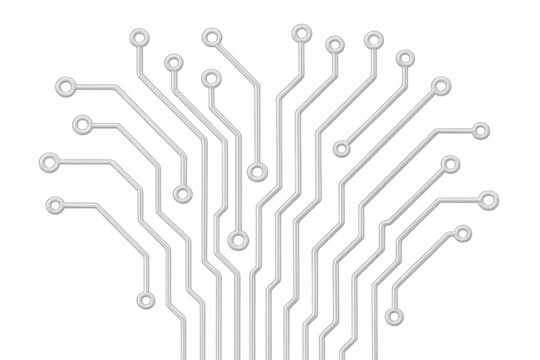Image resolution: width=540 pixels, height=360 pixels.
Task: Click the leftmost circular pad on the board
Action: click(47, 161)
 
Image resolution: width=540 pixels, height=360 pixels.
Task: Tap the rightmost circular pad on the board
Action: click(489, 200)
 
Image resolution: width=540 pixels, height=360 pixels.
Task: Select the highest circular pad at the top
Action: click(299, 33)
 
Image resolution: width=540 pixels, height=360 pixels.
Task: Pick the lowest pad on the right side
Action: click(395, 318)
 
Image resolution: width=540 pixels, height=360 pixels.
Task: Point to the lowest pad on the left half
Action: click(144, 298)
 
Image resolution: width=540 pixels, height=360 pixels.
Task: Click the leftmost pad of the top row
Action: click(137, 38)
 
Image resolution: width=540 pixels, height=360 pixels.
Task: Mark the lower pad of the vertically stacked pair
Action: click(182, 194)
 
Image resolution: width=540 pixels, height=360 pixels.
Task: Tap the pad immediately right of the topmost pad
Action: click(333, 42)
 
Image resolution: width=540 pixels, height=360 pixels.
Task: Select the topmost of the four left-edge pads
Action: click(66, 88)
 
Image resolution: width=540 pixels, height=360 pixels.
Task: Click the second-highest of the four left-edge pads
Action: click(80, 125)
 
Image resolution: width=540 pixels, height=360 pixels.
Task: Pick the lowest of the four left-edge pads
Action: click(55, 206)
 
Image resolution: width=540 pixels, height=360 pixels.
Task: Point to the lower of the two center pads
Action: click(238, 240)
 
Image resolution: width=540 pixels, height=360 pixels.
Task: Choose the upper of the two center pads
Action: click(257, 172)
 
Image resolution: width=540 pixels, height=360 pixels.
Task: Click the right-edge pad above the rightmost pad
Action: click(481, 130)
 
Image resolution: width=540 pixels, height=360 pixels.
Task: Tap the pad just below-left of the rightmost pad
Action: click(462, 233)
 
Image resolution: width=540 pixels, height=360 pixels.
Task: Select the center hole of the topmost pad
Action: click(299, 33)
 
